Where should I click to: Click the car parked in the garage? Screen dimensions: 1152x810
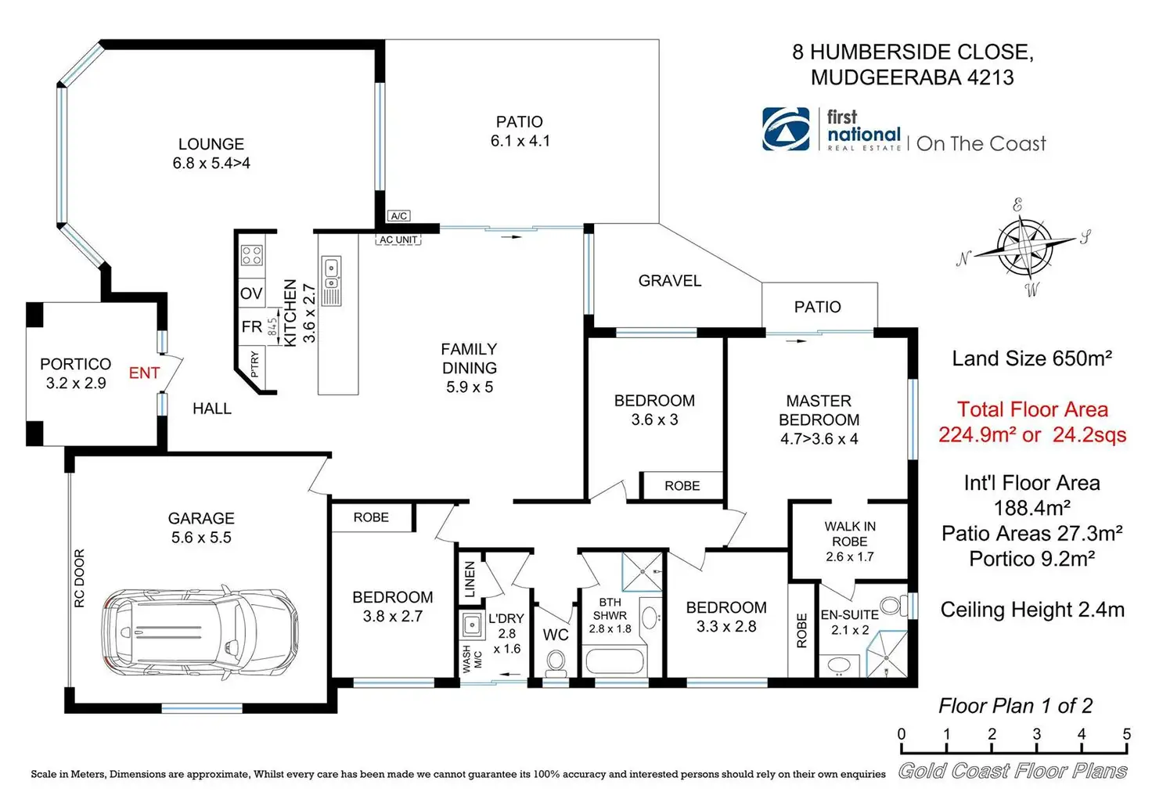coord(200,631)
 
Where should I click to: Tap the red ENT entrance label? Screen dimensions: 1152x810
coord(144,373)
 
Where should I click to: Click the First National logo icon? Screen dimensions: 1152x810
coord(786,129)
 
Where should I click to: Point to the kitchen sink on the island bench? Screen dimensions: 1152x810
coord(331,272)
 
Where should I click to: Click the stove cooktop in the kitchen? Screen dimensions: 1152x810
coord(251,255)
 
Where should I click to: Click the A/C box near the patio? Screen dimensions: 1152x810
coord(398,216)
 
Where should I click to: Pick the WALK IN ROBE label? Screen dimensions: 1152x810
coord(850,534)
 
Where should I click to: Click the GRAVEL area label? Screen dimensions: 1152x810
coord(669,281)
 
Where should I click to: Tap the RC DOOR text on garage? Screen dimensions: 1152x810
coord(80,578)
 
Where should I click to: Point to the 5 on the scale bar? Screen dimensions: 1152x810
coord(1126,734)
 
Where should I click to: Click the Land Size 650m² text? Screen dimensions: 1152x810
coord(1031,358)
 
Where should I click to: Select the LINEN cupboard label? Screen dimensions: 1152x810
coord(470,579)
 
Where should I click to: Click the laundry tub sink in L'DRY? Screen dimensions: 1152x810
coord(471,625)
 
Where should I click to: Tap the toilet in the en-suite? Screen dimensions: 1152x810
coord(890,605)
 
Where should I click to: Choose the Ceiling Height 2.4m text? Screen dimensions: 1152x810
coord(1031,610)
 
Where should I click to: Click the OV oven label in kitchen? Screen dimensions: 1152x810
coord(250,293)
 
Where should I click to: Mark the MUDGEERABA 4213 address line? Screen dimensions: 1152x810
coord(912,77)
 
